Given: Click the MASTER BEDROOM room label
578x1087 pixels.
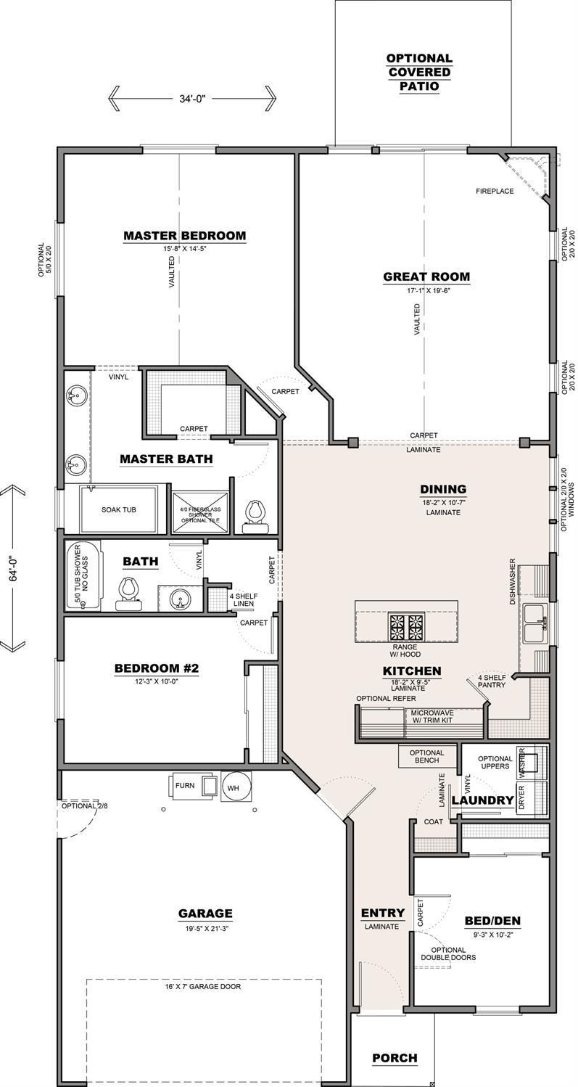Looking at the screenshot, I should click(x=184, y=236).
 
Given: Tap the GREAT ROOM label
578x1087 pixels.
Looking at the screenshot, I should click(x=426, y=276).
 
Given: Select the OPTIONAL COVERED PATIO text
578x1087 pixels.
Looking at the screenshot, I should click(x=419, y=72).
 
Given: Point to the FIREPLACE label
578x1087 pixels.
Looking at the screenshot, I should click(x=495, y=192).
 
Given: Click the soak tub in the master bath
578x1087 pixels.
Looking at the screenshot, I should click(x=119, y=509).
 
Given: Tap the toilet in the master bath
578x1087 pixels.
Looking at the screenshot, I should click(x=255, y=512).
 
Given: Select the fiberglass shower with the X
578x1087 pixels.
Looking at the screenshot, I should click(x=200, y=514).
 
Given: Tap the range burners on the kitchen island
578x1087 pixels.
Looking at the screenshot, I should click(x=406, y=624).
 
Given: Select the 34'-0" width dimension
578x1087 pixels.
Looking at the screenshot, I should click(x=192, y=98).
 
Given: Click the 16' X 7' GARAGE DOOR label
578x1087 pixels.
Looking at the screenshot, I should click(x=203, y=986).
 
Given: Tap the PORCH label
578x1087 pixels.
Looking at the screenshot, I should click(x=395, y=1058).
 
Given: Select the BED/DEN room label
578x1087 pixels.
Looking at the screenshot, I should click(x=492, y=921).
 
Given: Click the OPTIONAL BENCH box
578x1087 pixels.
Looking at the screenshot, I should click(x=427, y=757).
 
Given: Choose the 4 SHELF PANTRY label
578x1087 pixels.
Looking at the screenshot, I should click(x=492, y=680).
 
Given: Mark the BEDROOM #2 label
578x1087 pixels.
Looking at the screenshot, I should click(x=156, y=668).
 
